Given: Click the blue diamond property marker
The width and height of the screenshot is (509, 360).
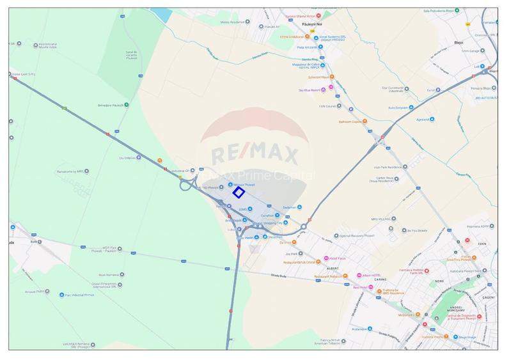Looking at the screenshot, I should (x=239, y=192).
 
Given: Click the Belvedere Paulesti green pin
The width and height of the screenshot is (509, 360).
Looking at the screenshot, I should (x=126, y=105).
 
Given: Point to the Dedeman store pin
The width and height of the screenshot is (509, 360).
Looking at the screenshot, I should (x=299, y=207).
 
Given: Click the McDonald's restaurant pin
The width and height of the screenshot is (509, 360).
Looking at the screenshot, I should (x=418, y=314).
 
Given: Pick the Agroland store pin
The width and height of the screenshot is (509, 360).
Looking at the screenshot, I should (x=432, y=120).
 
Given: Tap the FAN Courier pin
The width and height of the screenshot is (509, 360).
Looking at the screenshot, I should (x=339, y=106).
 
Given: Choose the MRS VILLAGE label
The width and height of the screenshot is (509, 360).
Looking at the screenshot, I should (x=383, y=219).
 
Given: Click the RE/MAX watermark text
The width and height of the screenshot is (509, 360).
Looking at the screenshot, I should (x=254, y=154).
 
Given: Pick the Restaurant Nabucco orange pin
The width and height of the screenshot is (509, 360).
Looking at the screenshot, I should (x=345, y=276).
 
